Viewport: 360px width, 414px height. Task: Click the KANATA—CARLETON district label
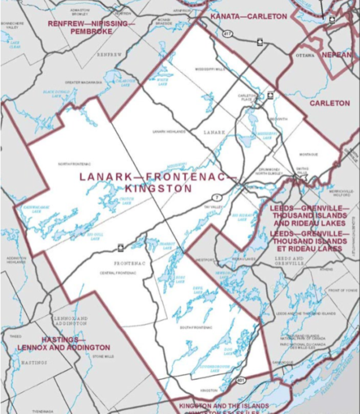[x=248, y=17]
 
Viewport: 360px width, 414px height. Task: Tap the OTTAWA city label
[x=304, y=56]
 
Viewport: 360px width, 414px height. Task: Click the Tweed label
[x=16, y=336]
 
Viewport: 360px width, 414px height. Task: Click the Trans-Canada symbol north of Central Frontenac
[x=120, y=247]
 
